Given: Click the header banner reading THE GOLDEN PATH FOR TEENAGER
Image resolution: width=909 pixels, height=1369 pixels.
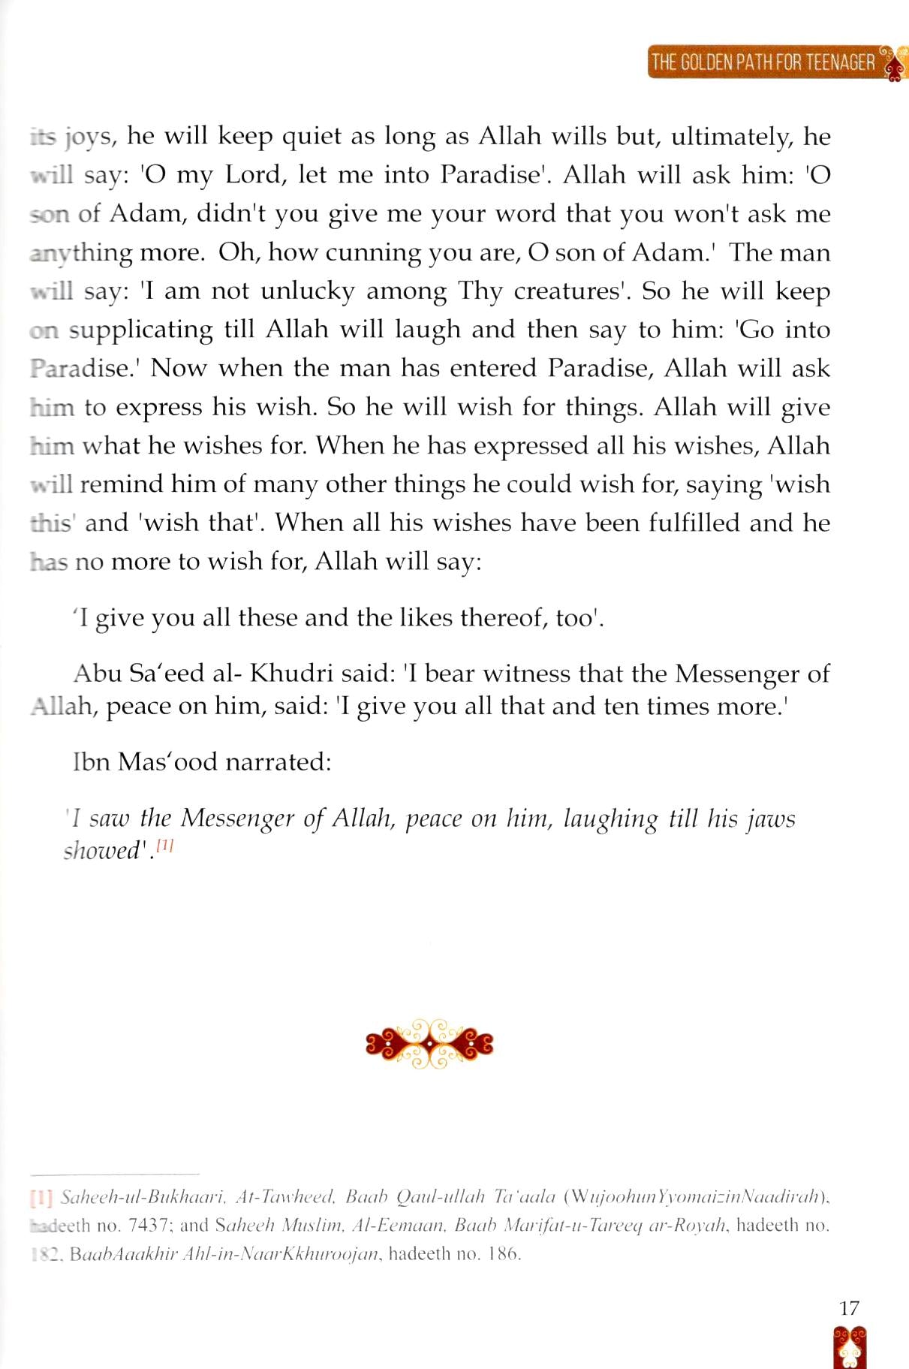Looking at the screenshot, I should coord(764,62).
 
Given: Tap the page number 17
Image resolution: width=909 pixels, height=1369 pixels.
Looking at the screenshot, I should coord(849,1307).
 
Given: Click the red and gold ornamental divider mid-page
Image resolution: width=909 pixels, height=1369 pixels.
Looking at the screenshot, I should coord(429,1043).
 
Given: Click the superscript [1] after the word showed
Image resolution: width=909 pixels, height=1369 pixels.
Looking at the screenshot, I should coord(165,846).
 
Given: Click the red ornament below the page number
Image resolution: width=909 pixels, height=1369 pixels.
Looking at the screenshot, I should coord(849,1348).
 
